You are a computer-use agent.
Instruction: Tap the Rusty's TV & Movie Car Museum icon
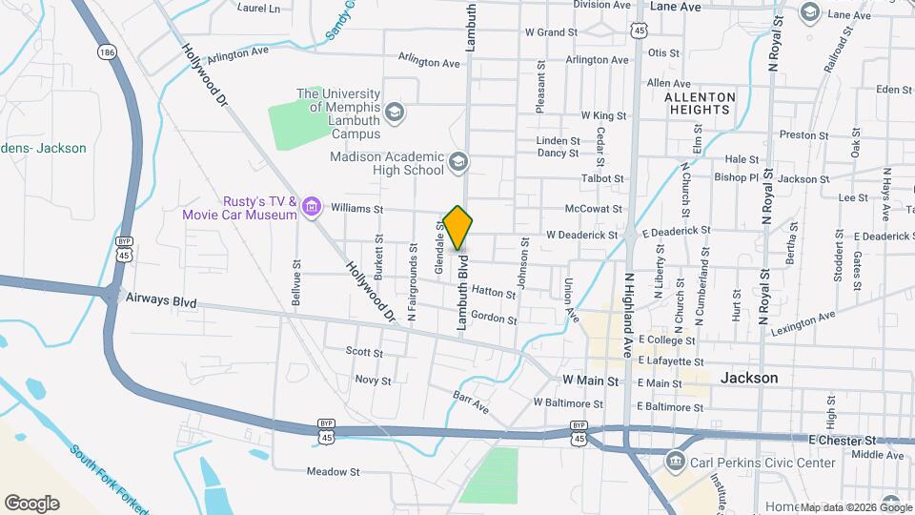[312, 206]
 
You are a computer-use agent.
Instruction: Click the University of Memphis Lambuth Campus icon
[395, 114]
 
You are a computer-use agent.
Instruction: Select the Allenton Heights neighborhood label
[700, 103]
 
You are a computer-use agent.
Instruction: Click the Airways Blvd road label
[161, 301]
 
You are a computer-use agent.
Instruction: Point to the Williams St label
[356, 209]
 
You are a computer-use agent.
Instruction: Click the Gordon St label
[493, 319]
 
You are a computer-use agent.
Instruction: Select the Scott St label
[363, 352]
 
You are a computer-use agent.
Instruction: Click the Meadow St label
[333, 471]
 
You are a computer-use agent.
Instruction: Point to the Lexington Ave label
[803, 320]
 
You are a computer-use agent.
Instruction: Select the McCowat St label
[593, 209]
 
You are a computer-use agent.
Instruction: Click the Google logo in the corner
[31, 503]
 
